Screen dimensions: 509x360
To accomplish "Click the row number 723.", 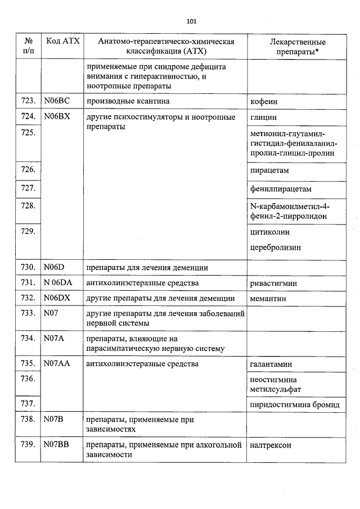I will click(x=28, y=101).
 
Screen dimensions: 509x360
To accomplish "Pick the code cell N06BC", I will click(x=56, y=101).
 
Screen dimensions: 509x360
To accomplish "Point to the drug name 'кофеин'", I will click(x=264, y=102).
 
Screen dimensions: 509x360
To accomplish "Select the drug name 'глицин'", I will click(x=263, y=118).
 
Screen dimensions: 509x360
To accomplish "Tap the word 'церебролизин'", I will click(x=276, y=247).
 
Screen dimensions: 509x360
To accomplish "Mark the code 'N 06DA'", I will click(x=58, y=283).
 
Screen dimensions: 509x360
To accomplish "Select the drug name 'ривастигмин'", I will click(x=274, y=283).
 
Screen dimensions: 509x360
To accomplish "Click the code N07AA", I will click(x=57, y=364).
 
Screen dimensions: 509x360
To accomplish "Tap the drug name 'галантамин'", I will click(x=271, y=364).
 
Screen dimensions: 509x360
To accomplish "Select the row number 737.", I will click(x=28, y=404).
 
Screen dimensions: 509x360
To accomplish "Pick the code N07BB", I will click(x=56, y=445).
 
